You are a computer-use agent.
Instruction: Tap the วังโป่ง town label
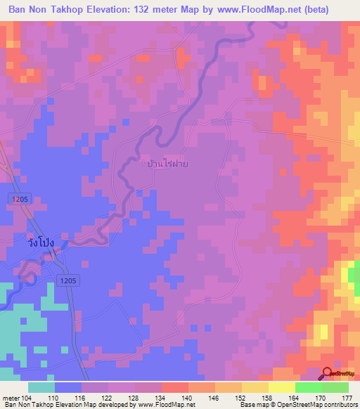[37, 241]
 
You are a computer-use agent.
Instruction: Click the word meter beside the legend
[10, 398]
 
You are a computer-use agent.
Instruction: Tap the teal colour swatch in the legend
[41, 387]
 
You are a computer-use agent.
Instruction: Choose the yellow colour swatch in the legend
[282, 387]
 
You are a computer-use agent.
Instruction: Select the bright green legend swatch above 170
[309, 387]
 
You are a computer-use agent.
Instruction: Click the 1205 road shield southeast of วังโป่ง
[68, 280]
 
